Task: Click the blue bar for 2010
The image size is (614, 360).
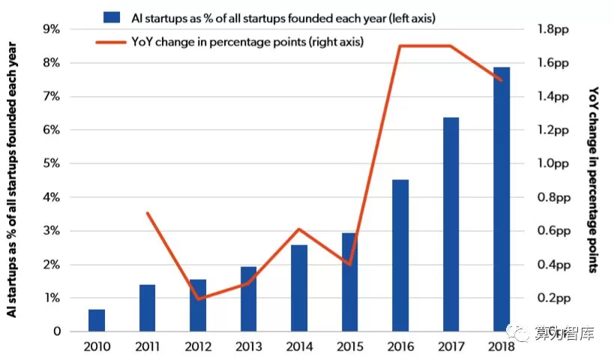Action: [x=97, y=320]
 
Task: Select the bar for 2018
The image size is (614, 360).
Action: [x=502, y=199]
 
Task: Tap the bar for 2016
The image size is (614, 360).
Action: [x=400, y=256]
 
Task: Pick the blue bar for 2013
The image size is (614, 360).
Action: [x=249, y=299]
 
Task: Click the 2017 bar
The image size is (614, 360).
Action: [x=451, y=224]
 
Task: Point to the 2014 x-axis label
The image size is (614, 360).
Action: [x=298, y=346]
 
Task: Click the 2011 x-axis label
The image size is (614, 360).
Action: [x=147, y=346]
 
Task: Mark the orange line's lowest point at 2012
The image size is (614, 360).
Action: [x=198, y=299]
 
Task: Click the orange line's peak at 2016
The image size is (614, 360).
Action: [x=400, y=46]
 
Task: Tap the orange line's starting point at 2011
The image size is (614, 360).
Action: [x=148, y=214]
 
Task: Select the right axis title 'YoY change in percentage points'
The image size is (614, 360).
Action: [x=594, y=180]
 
